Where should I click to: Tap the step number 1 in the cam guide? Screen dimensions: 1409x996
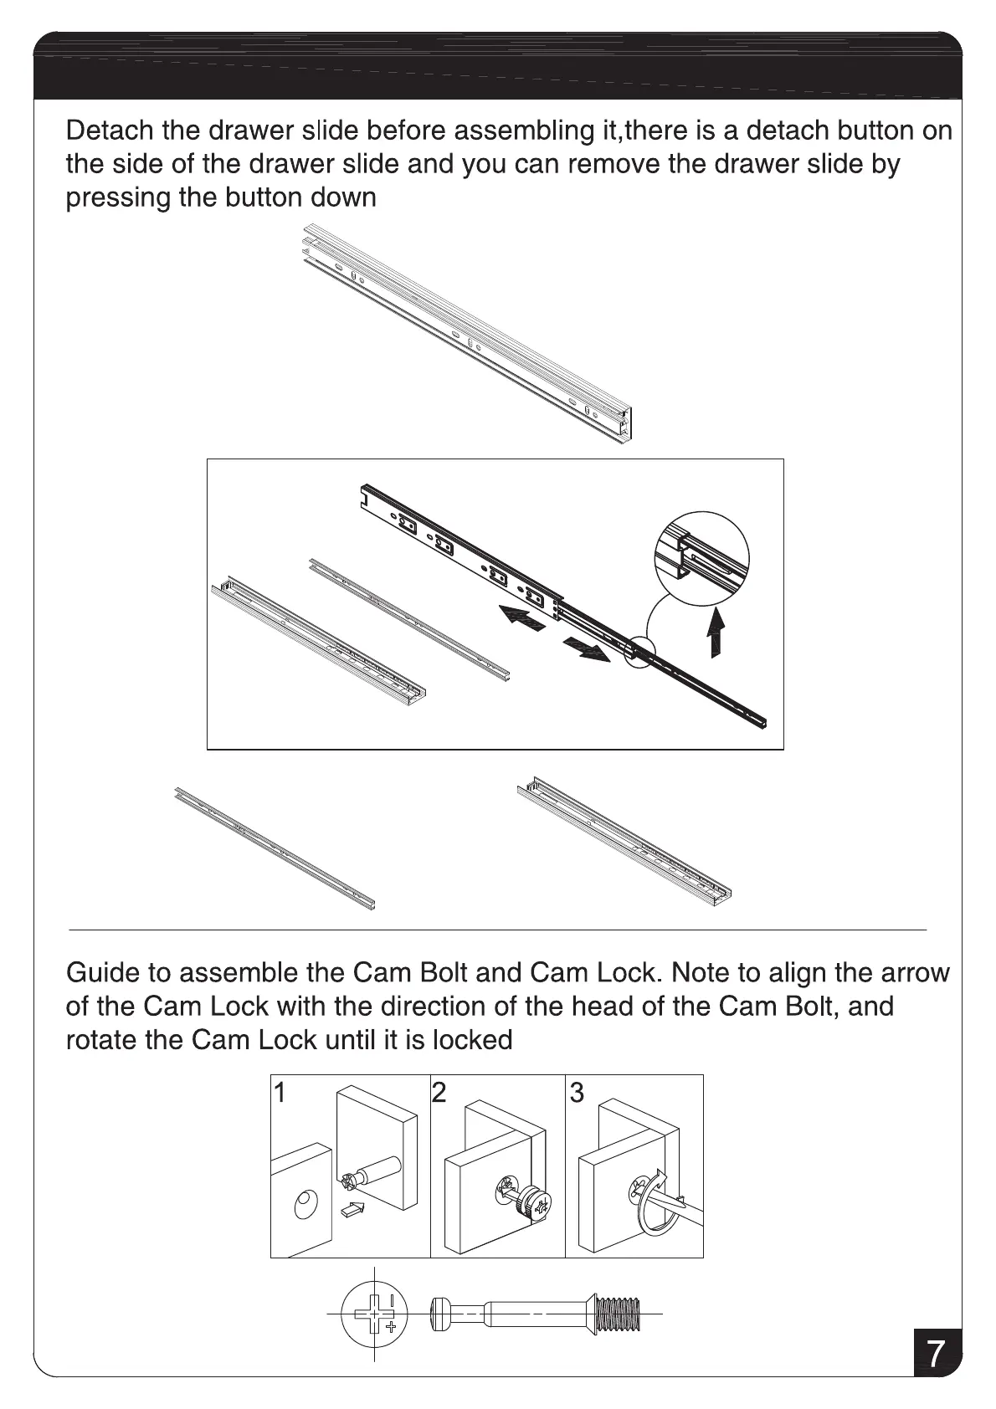pyautogui.click(x=281, y=1092)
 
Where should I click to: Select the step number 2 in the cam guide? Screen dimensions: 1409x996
pyautogui.click(x=439, y=1092)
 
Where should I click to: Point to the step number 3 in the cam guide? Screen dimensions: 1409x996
pyautogui.click(x=577, y=1092)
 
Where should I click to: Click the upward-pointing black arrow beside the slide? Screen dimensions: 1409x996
pyautogui.click(x=714, y=633)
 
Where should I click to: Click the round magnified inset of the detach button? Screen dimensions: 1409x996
pyautogui.click(x=701, y=556)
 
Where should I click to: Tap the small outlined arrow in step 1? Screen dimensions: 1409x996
pyautogui.click(x=353, y=1209)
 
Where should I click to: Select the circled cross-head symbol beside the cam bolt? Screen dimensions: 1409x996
pyautogui.click(x=374, y=1314)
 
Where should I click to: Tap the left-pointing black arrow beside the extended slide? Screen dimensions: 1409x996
pyautogui.click(x=515, y=620)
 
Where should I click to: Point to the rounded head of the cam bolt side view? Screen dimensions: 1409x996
pyautogui.click(x=441, y=1314)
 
